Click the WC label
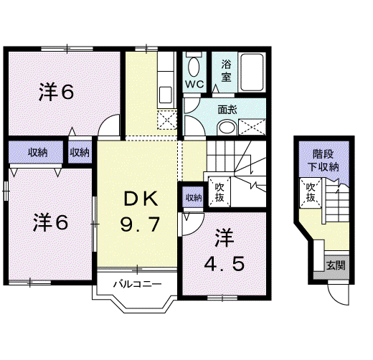pyautogui.click(x=194, y=84)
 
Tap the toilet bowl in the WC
pyautogui.click(x=194, y=67)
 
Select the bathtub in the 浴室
pyautogui.click(x=252, y=72)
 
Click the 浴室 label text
pyautogui.click(x=226, y=71)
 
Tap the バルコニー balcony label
pyautogui.click(x=137, y=284)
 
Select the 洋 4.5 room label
pyautogui.click(x=225, y=250)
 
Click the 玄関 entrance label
pyautogui.click(x=336, y=265)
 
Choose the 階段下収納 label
pyautogui.click(x=323, y=161)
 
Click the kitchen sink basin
pyautogui.click(x=165, y=95)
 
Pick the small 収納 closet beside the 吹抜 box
pyautogui.click(x=193, y=197)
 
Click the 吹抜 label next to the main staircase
pyautogui.click(x=219, y=192)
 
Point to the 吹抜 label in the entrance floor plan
pyautogui.click(x=311, y=192)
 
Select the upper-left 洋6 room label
pyautogui.click(x=57, y=92)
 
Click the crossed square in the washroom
pyautogui.click(x=252, y=127)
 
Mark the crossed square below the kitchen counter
pyautogui.click(x=167, y=120)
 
